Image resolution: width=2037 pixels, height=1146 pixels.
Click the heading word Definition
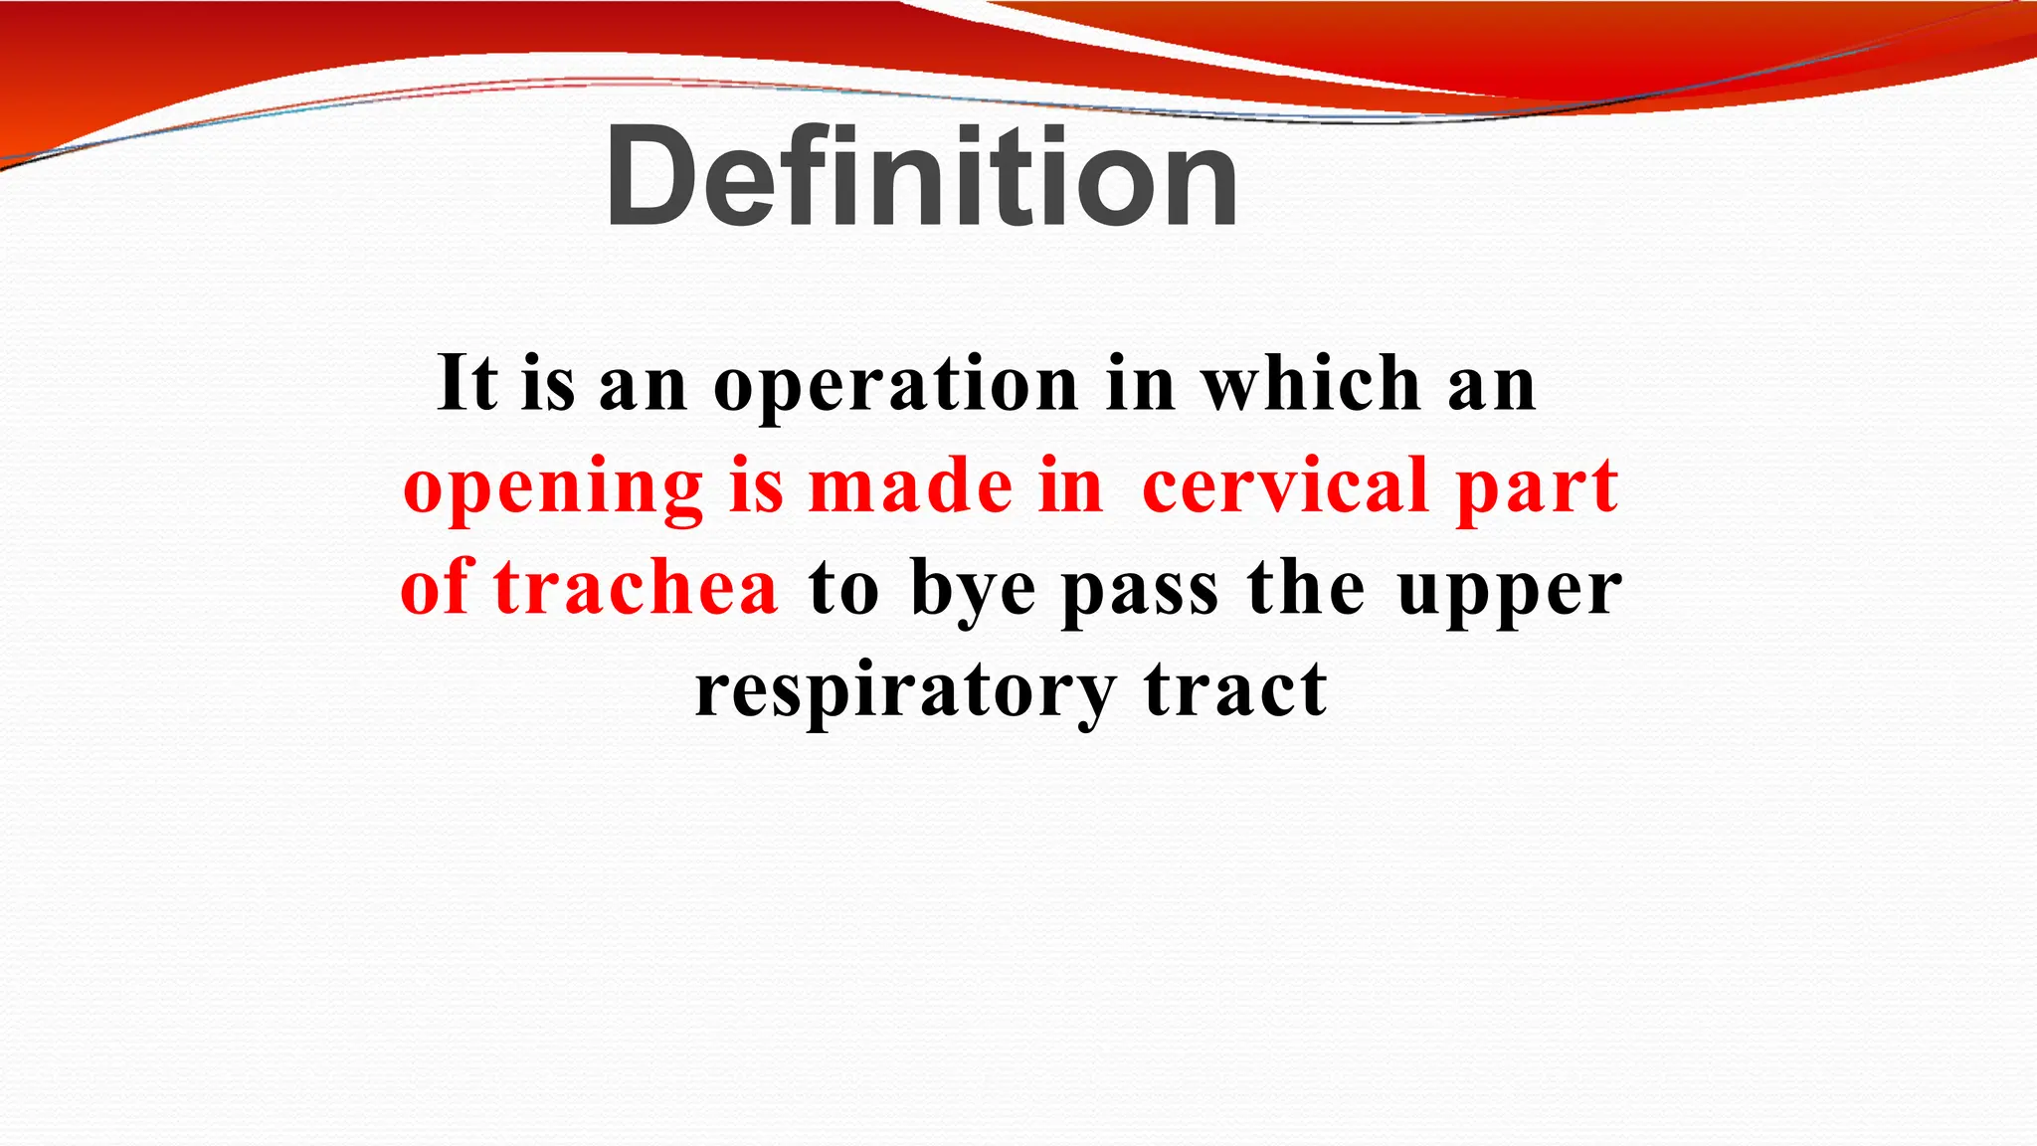click(x=921, y=177)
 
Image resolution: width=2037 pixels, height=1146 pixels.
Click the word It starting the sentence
click(x=466, y=383)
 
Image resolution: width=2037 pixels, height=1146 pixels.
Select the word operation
click(x=896, y=385)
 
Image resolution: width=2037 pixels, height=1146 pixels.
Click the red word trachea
click(x=636, y=588)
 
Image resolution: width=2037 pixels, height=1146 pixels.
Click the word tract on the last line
click(x=1235, y=690)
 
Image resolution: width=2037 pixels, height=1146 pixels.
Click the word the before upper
click(x=1306, y=588)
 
